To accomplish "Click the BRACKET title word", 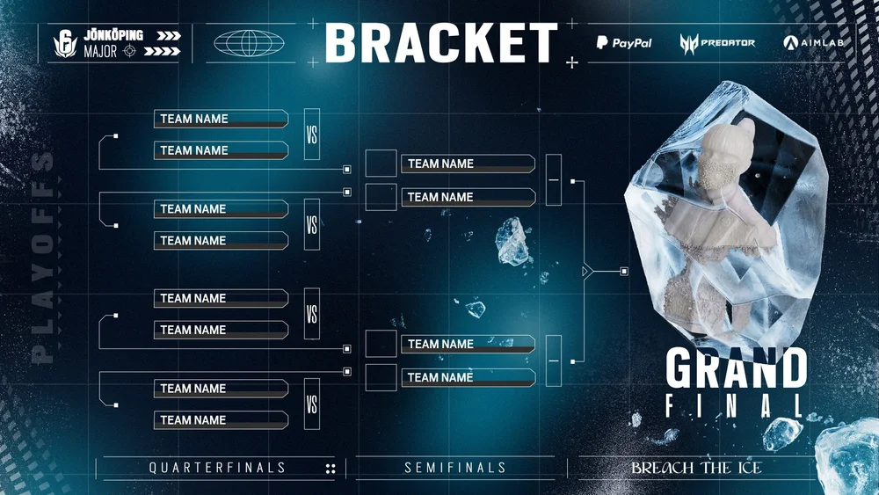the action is click(x=441, y=44).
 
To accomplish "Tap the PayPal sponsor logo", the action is click(x=624, y=42).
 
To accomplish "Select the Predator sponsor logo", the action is click(x=716, y=42).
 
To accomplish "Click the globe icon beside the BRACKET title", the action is click(x=250, y=43).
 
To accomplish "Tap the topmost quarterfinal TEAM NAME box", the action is click(x=221, y=119).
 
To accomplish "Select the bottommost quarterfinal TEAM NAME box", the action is click(x=221, y=420).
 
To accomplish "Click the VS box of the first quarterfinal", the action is click(x=311, y=134).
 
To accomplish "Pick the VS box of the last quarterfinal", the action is click(x=311, y=404).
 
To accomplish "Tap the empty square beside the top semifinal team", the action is click(x=381, y=164).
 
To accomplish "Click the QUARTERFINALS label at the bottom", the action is click(x=217, y=468).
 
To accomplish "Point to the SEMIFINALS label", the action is click(x=454, y=468).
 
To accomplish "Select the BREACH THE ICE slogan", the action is click(x=696, y=468).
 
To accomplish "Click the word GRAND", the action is click(x=736, y=368).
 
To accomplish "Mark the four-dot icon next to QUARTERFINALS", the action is click(x=331, y=469).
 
